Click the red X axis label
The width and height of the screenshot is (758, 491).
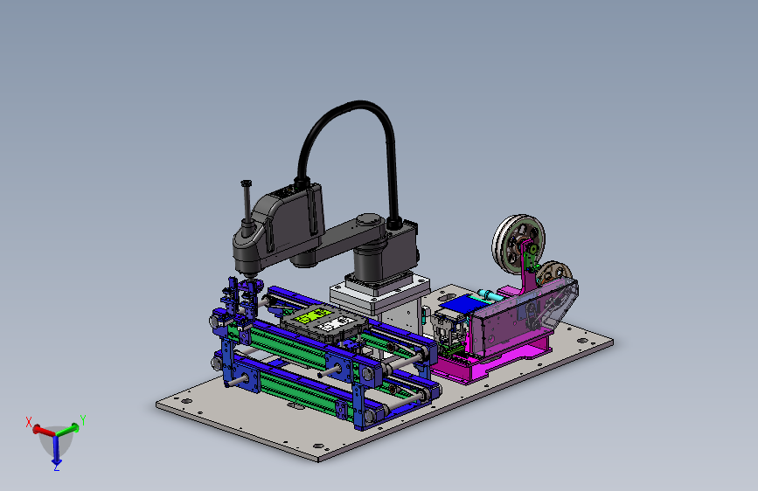pos(29,422)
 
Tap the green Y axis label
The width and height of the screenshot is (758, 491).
pos(83,420)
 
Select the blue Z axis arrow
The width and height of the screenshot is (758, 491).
pos(56,450)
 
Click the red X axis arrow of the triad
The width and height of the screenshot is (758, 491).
pos(44,431)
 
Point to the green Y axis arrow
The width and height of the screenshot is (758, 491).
pos(67,429)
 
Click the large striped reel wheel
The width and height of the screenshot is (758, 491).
pos(518,240)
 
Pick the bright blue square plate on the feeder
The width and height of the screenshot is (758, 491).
pos(460,303)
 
